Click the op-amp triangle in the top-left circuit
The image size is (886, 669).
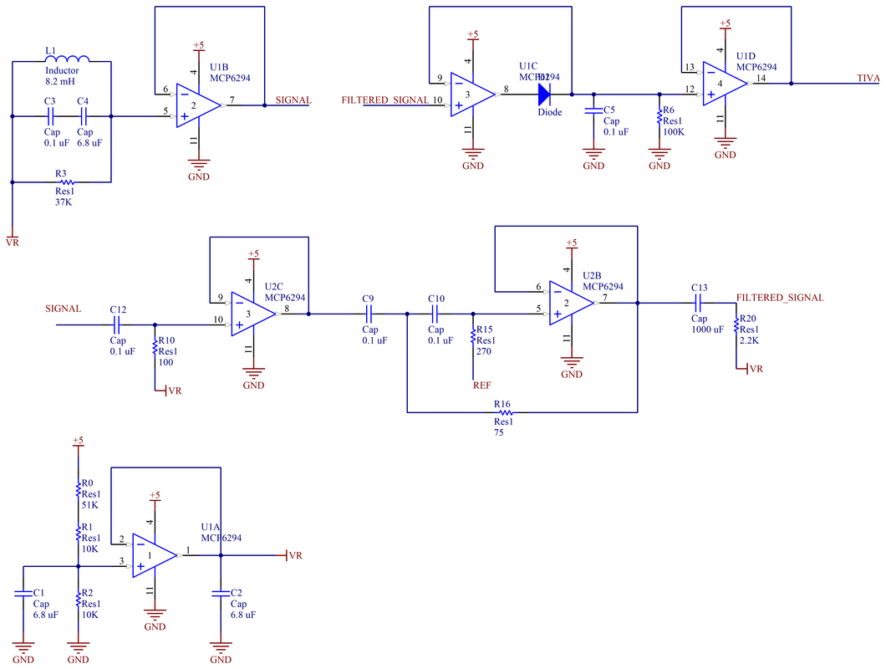click(196, 105)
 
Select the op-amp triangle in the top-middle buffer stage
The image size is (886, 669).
click(471, 94)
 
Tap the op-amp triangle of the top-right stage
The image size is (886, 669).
click(723, 84)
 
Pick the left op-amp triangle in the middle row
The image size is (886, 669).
click(252, 314)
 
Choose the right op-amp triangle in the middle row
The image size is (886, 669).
click(570, 303)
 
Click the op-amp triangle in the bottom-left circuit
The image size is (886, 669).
click(154, 555)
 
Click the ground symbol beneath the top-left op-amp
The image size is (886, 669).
click(198, 164)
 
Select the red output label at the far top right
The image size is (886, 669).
click(868, 77)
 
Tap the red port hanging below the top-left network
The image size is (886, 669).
click(13, 240)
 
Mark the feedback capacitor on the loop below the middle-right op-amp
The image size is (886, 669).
click(505, 412)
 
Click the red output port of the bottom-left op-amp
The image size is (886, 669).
click(293, 555)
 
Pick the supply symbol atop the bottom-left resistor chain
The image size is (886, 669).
click(78, 441)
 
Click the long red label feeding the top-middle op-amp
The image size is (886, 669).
click(384, 99)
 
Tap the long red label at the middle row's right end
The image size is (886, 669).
click(779, 298)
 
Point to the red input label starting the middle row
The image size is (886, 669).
click(63, 309)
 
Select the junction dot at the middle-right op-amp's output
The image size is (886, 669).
click(637, 304)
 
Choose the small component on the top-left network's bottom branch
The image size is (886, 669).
click(65, 182)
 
